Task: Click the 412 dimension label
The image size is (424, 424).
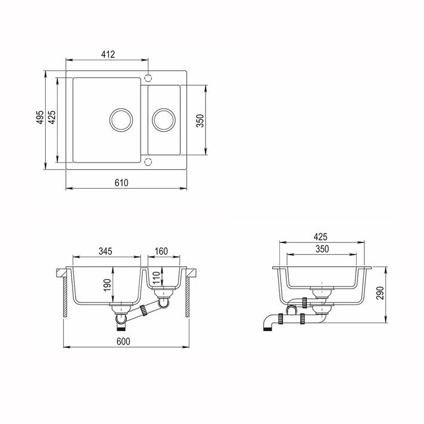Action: [x=108, y=54]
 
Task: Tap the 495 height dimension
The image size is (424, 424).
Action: [x=40, y=117]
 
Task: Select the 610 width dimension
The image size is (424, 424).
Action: [x=121, y=183]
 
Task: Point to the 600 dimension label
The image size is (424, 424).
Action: [x=123, y=341]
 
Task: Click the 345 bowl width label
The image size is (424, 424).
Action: [x=105, y=251]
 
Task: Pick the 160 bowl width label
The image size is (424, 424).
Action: [x=161, y=251]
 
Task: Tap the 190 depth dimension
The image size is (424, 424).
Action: [x=107, y=285]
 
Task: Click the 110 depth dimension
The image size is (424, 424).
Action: [x=156, y=278]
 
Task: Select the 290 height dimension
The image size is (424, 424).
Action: [x=380, y=293]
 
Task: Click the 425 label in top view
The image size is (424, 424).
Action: [x=52, y=117]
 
